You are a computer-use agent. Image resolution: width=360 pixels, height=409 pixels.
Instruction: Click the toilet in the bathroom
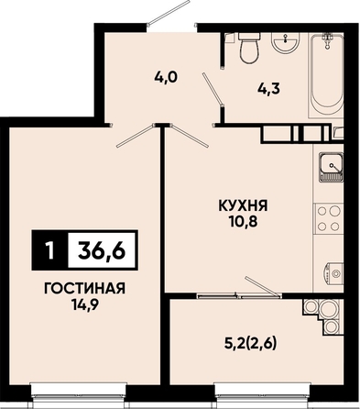pos(249,48)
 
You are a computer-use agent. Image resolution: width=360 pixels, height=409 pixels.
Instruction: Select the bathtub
pos(327,75)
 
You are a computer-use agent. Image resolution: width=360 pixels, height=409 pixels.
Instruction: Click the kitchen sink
pos(331,166)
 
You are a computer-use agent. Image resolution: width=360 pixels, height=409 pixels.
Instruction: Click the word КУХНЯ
pos(243,205)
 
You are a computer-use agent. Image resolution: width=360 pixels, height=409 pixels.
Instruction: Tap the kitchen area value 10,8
pos(243,222)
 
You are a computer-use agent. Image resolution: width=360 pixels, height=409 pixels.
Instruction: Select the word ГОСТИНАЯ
pos(84,288)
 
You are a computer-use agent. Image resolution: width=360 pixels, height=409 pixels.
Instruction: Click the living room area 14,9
pos(84,304)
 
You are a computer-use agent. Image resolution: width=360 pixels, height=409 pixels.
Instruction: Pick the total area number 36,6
pos(103,251)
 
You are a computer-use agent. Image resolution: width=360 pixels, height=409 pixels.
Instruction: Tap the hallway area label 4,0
pos(166,77)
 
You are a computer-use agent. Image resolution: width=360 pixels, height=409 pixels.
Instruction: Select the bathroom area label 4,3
pos(267,89)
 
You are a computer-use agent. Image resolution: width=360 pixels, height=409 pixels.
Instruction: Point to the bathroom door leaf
pos(213,88)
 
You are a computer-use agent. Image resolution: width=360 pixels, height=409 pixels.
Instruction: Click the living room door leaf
pos(135,136)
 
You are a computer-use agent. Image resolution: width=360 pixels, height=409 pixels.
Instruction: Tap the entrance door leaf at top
pos(169,12)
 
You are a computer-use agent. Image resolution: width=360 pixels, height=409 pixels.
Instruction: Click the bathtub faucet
pos(328,39)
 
